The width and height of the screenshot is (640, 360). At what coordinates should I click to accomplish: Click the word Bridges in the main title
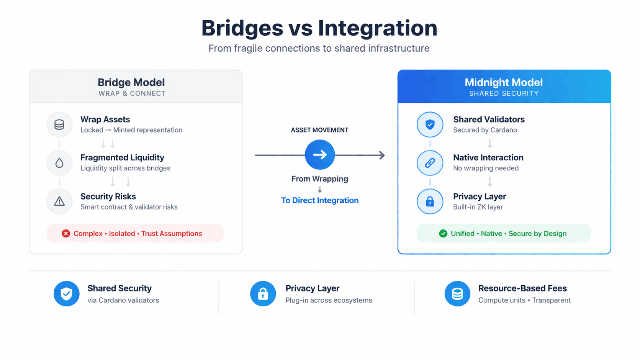[x=242, y=28]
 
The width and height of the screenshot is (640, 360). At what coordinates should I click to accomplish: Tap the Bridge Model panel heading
[x=131, y=82]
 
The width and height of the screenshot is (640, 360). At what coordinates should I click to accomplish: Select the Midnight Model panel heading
[x=503, y=82]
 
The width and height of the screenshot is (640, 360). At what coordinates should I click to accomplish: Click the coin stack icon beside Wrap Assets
[x=59, y=125]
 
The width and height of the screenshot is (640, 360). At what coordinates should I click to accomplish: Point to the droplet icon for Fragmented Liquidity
[x=59, y=163]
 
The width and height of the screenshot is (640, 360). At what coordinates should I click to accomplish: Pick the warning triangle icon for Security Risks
[x=59, y=201]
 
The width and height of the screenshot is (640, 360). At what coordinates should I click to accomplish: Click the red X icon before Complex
[x=66, y=234]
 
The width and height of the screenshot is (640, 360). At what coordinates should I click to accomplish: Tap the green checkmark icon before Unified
[x=443, y=234]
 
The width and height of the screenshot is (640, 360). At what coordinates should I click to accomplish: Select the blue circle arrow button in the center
[x=320, y=155]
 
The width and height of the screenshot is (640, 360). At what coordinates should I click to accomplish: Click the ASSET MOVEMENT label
[x=319, y=130]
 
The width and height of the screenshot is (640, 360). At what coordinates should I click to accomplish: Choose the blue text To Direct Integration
[x=320, y=200]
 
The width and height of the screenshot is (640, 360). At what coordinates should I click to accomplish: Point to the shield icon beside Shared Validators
[x=430, y=125]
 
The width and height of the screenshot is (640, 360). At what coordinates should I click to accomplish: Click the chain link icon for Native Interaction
[x=430, y=163]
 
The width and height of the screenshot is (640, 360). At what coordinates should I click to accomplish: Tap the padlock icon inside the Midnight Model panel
[x=430, y=201]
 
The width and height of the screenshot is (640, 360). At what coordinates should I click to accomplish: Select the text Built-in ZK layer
[x=478, y=207]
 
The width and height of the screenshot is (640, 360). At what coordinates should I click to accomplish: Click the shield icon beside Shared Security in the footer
[x=67, y=294]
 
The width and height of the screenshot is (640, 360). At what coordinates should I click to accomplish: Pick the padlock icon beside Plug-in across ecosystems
[x=263, y=294]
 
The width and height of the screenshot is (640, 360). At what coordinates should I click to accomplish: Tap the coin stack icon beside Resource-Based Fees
[x=457, y=294]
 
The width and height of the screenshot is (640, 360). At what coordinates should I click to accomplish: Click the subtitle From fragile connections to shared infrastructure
[x=319, y=49]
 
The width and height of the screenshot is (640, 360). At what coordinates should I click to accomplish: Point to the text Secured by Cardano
[x=485, y=130]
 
